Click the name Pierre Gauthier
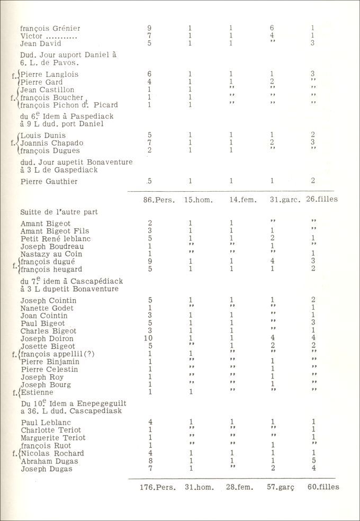click(x=49, y=182)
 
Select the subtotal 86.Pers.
click(x=158, y=200)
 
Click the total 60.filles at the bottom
click(x=323, y=487)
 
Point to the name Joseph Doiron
click(x=47, y=338)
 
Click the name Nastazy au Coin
click(x=47, y=254)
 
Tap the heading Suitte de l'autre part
click(x=59, y=212)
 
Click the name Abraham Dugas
click(x=47, y=461)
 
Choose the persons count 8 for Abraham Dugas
click(x=150, y=461)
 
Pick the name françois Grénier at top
click(x=50, y=29)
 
